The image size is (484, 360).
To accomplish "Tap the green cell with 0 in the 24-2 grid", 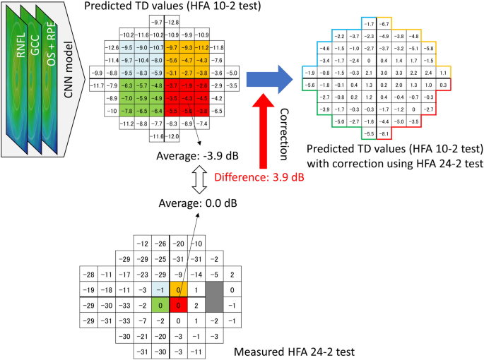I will point(161,306).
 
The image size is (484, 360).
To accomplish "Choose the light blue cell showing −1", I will point(161,290).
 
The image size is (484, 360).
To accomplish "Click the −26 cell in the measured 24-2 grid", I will point(161,244).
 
